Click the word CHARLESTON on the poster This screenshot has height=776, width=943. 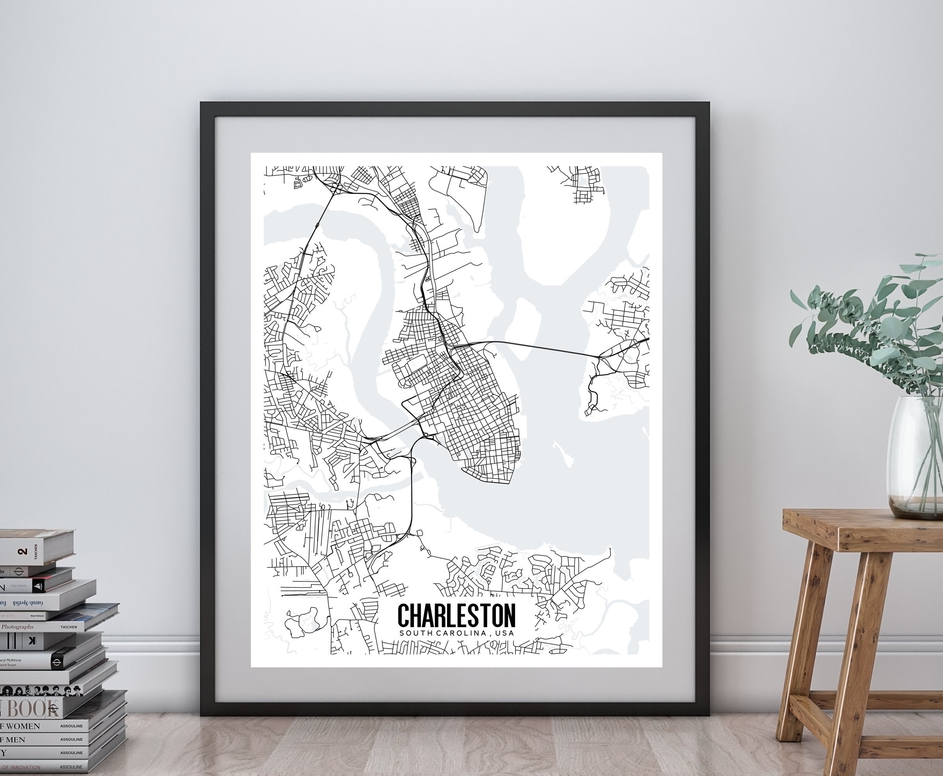coord(456,615)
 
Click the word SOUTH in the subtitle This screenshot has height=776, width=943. coord(415,633)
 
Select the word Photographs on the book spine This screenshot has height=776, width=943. coord(18,627)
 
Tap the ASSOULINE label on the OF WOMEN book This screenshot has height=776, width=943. coord(72,726)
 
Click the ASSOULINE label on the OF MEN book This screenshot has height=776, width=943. coord(72,740)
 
